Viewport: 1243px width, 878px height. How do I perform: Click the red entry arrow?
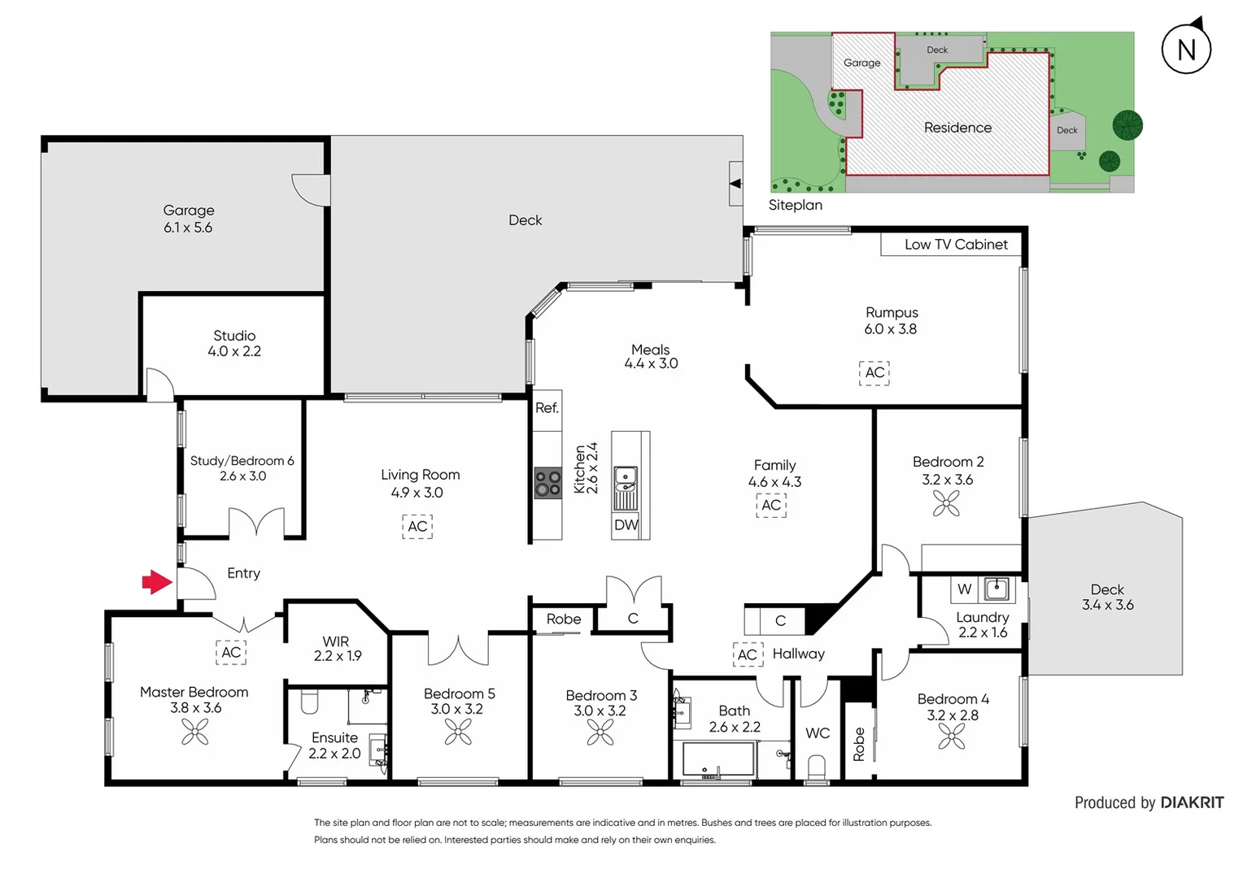tap(157, 582)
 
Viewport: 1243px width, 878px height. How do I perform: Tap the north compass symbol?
tap(1186, 49)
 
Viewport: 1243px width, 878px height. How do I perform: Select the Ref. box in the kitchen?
tap(547, 408)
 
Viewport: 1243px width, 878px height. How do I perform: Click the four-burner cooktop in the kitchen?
tap(547, 483)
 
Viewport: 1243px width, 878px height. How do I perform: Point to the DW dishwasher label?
tap(626, 525)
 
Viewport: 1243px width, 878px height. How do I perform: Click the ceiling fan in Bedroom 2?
tap(946, 504)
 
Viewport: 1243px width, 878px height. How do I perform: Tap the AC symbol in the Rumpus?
tap(874, 372)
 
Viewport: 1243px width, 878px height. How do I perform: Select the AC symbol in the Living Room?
tap(417, 527)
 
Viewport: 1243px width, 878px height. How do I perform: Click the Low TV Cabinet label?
tap(956, 245)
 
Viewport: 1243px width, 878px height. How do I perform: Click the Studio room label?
tap(234, 336)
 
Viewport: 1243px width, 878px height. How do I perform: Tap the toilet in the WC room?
tap(816, 767)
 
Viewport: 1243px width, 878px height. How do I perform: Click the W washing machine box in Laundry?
tap(964, 589)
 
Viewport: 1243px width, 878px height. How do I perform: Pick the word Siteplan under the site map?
tap(796, 206)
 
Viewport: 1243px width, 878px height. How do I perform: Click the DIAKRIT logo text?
tap(1192, 803)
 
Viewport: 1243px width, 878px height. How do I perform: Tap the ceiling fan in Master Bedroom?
tap(195, 732)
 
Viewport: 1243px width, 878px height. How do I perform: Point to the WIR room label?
tap(335, 641)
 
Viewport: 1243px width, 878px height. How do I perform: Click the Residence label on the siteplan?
tap(957, 128)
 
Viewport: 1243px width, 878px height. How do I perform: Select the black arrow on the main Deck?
tap(735, 184)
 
